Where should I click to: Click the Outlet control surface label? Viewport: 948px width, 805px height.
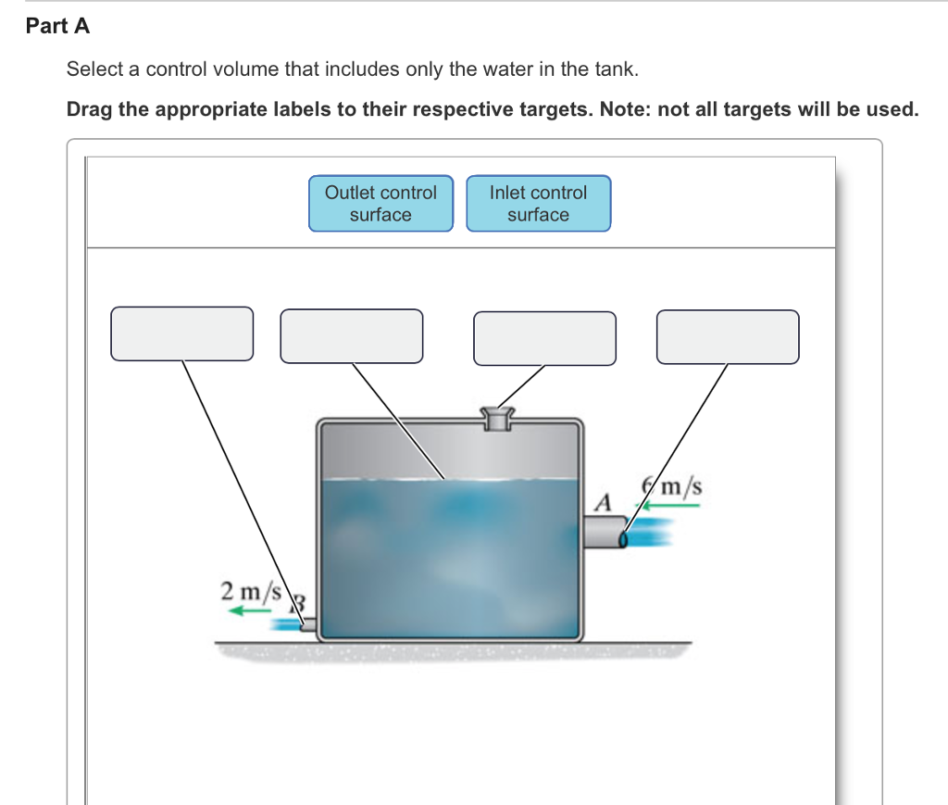click(x=380, y=204)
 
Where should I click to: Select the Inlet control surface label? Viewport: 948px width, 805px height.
click(x=538, y=204)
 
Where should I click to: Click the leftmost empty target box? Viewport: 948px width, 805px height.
click(x=182, y=333)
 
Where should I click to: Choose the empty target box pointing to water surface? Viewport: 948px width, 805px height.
click(x=352, y=335)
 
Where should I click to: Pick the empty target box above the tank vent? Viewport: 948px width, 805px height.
click(x=544, y=338)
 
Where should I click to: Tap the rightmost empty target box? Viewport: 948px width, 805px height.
click(x=728, y=337)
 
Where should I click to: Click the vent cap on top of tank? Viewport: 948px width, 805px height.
click(x=497, y=419)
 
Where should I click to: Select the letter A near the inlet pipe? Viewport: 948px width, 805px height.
click(x=604, y=504)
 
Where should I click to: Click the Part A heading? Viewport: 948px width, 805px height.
click(x=57, y=27)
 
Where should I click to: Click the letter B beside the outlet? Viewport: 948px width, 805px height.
click(x=299, y=604)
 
